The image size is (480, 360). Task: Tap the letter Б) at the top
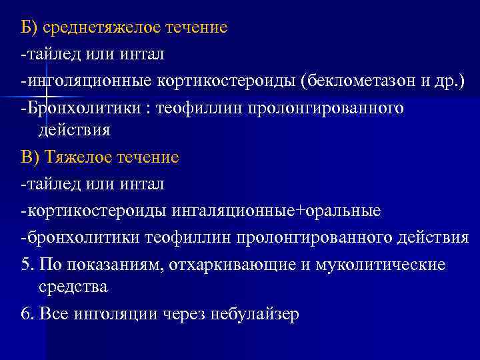[29, 28]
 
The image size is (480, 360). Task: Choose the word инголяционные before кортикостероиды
[89, 81]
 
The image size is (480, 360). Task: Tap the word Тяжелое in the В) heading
[80, 157]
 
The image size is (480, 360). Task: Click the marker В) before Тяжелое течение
[31, 157]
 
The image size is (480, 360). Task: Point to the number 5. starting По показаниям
[27, 265]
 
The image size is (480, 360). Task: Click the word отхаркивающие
[235, 265]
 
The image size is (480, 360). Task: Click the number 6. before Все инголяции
[27, 314]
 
